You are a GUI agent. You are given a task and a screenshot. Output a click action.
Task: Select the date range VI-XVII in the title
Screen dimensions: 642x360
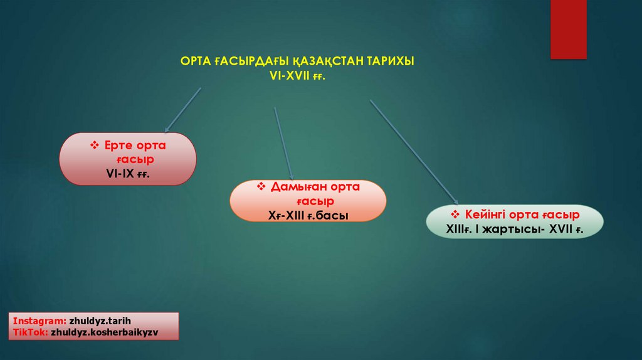(288, 75)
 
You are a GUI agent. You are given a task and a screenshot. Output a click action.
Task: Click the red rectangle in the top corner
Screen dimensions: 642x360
(568, 29)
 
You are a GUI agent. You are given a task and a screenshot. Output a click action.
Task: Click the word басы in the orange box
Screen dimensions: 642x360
(332, 216)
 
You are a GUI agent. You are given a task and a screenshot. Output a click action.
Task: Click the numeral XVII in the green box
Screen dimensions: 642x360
(560, 229)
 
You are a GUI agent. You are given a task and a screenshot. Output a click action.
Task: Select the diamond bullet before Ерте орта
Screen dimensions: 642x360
(95, 146)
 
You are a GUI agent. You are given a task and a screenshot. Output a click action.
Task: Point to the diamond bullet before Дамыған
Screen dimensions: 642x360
(262, 188)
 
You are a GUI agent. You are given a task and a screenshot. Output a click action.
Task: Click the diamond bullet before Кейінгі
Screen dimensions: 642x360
(455, 214)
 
